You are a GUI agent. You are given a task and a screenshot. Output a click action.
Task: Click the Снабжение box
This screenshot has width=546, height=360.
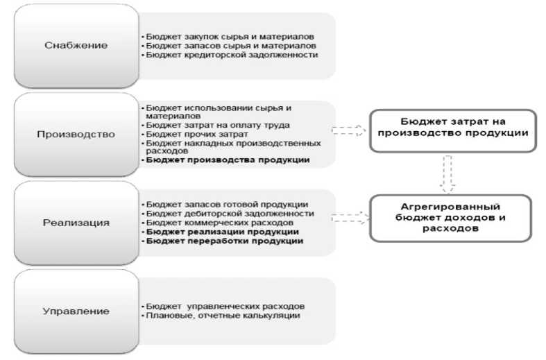(76, 45)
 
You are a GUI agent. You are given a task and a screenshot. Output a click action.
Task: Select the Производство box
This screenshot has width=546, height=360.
(76, 134)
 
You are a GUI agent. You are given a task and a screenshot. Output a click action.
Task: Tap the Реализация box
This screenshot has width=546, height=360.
(76, 223)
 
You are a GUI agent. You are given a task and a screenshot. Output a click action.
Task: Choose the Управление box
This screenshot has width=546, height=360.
(76, 311)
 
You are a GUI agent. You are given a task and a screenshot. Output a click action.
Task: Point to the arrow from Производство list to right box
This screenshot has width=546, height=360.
(349, 130)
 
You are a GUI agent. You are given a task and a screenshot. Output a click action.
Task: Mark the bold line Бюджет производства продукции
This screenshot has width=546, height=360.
(225, 160)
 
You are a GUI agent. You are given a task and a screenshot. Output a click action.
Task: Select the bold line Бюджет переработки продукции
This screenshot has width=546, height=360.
(222, 241)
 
